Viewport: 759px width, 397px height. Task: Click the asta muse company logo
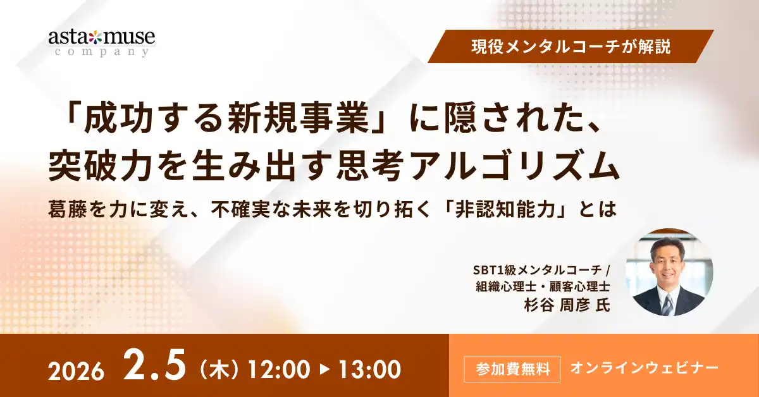tap(101, 42)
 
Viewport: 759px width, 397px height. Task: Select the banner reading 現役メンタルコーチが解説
tap(571, 47)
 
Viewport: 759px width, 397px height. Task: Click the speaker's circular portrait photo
tap(669, 272)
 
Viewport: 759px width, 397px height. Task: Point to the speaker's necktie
tap(668, 304)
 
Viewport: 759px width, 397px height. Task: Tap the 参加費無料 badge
tap(512, 367)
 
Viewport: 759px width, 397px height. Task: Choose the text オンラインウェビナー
tap(644, 367)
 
